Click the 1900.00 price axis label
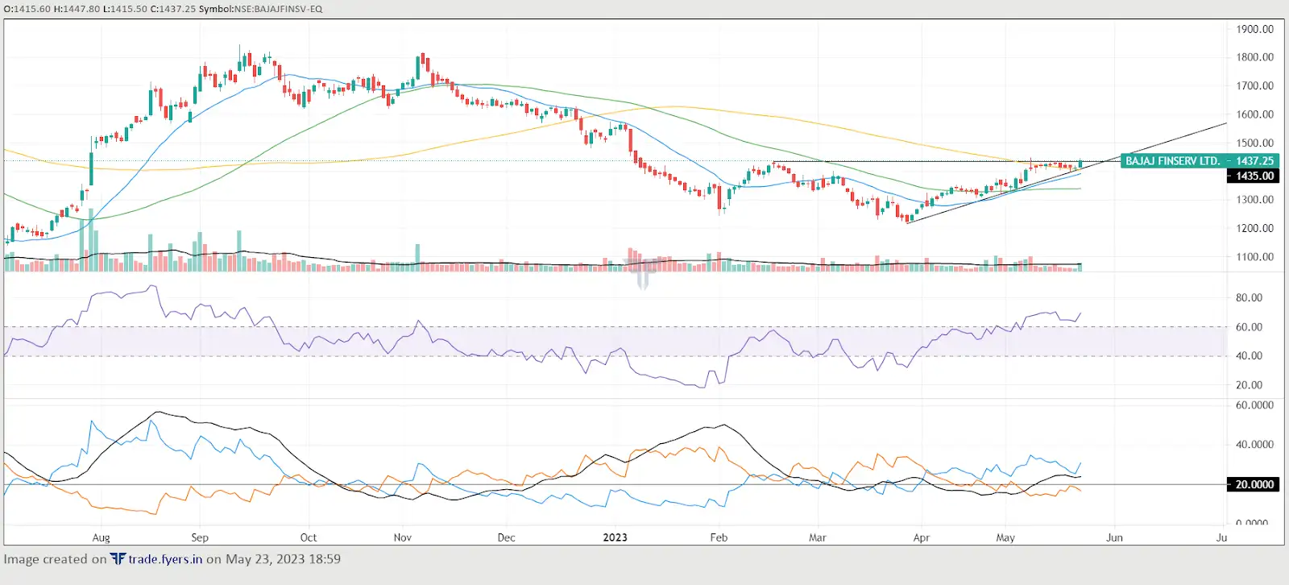tap(1254, 29)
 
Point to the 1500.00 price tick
tap(1254, 143)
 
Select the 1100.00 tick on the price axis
tap(1254, 257)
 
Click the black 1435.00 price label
tap(1254, 176)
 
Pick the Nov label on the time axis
tap(403, 537)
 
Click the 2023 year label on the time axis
tap(615, 537)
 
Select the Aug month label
tap(101, 537)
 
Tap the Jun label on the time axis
tap(1114, 537)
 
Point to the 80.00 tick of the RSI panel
tap(1249, 297)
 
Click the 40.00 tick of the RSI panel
tap(1249, 355)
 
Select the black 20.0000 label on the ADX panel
tap(1254, 484)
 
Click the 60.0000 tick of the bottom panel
tap(1254, 405)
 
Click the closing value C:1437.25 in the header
tap(173, 9)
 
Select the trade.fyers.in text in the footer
tap(165, 559)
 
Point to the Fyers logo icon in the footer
tap(118, 558)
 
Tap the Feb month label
tap(718, 537)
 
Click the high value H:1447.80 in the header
tap(77, 9)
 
